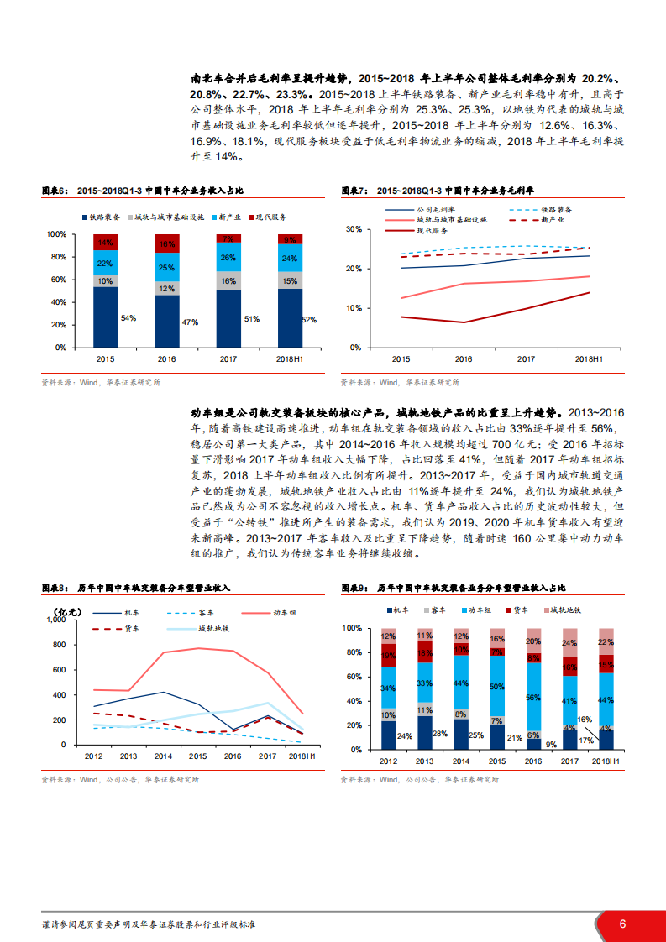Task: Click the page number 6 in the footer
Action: (x=622, y=924)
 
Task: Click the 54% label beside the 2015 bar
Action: (x=129, y=318)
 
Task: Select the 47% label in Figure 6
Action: (x=190, y=322)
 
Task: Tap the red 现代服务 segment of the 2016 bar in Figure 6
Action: (x=166, y=244)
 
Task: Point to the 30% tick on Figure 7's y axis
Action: (x=353, y=229)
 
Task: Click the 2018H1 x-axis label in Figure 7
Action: (x=589, y=358)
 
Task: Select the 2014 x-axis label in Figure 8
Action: (x=162, y=757)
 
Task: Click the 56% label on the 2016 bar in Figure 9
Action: (x=532, y=697)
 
